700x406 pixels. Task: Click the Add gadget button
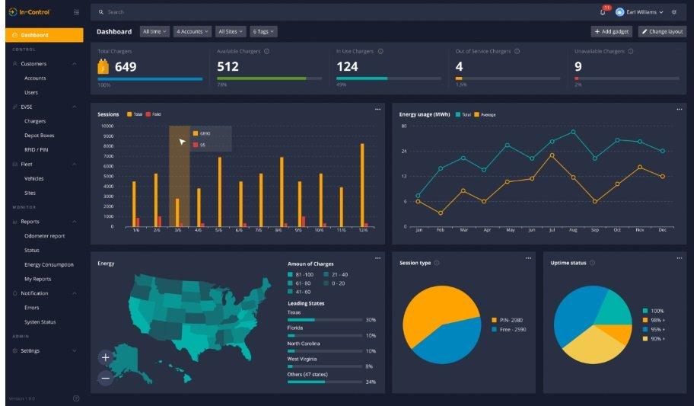[611, 31]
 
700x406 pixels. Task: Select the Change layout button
[662, 31]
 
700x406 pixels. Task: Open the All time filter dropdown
[154, 31]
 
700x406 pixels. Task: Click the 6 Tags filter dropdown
[263, 31]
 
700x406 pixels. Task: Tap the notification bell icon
[603, 12]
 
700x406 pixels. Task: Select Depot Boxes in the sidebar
[40, 136]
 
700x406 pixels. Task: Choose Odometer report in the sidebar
[45, 236]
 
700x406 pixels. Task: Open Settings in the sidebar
[30, 350]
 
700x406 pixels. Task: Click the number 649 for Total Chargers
[126, 67]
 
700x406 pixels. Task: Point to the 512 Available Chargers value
[228, 67]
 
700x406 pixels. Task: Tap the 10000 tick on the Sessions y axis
[107, 126]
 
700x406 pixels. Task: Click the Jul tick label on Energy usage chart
[552, 229]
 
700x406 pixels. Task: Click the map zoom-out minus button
[105, 378]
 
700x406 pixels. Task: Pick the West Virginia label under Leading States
[303, 359]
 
